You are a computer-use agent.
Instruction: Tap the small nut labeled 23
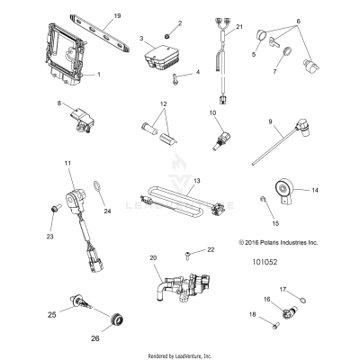pyautogui.click(x=56, y=208)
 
